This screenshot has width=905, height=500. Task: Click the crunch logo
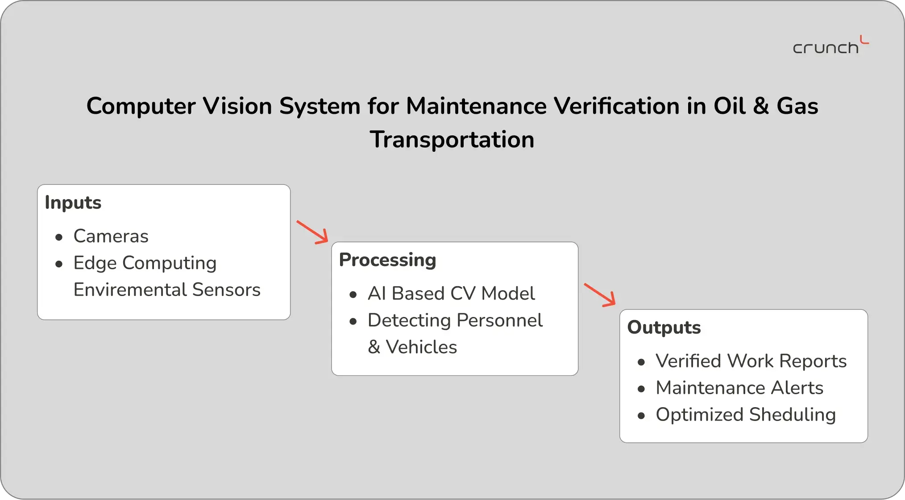pos(830,45)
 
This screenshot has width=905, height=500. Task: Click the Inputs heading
pos(73,203)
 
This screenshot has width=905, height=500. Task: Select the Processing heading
pos(387,260)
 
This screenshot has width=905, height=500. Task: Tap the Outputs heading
pos(664,328)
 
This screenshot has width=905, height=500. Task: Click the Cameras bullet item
pos(111,236)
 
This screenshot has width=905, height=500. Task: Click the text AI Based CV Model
pos(451,294)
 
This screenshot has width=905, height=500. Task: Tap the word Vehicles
pos(421,347)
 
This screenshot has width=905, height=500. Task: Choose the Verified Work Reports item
pos(751,361)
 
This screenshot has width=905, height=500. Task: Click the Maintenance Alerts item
pos(739,388)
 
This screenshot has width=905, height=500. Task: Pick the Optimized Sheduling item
pos(746,415)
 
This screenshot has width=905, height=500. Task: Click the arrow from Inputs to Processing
pos(312,232)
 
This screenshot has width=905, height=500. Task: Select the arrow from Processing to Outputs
pos(600,295)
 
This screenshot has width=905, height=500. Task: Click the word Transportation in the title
pos(452,139)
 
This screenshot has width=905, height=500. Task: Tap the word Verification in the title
pos(617,106)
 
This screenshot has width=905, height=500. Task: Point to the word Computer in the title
pos(141,107)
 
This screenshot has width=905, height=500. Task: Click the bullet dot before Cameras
pos(59,237)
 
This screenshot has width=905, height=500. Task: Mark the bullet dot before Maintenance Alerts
pos(641,389)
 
